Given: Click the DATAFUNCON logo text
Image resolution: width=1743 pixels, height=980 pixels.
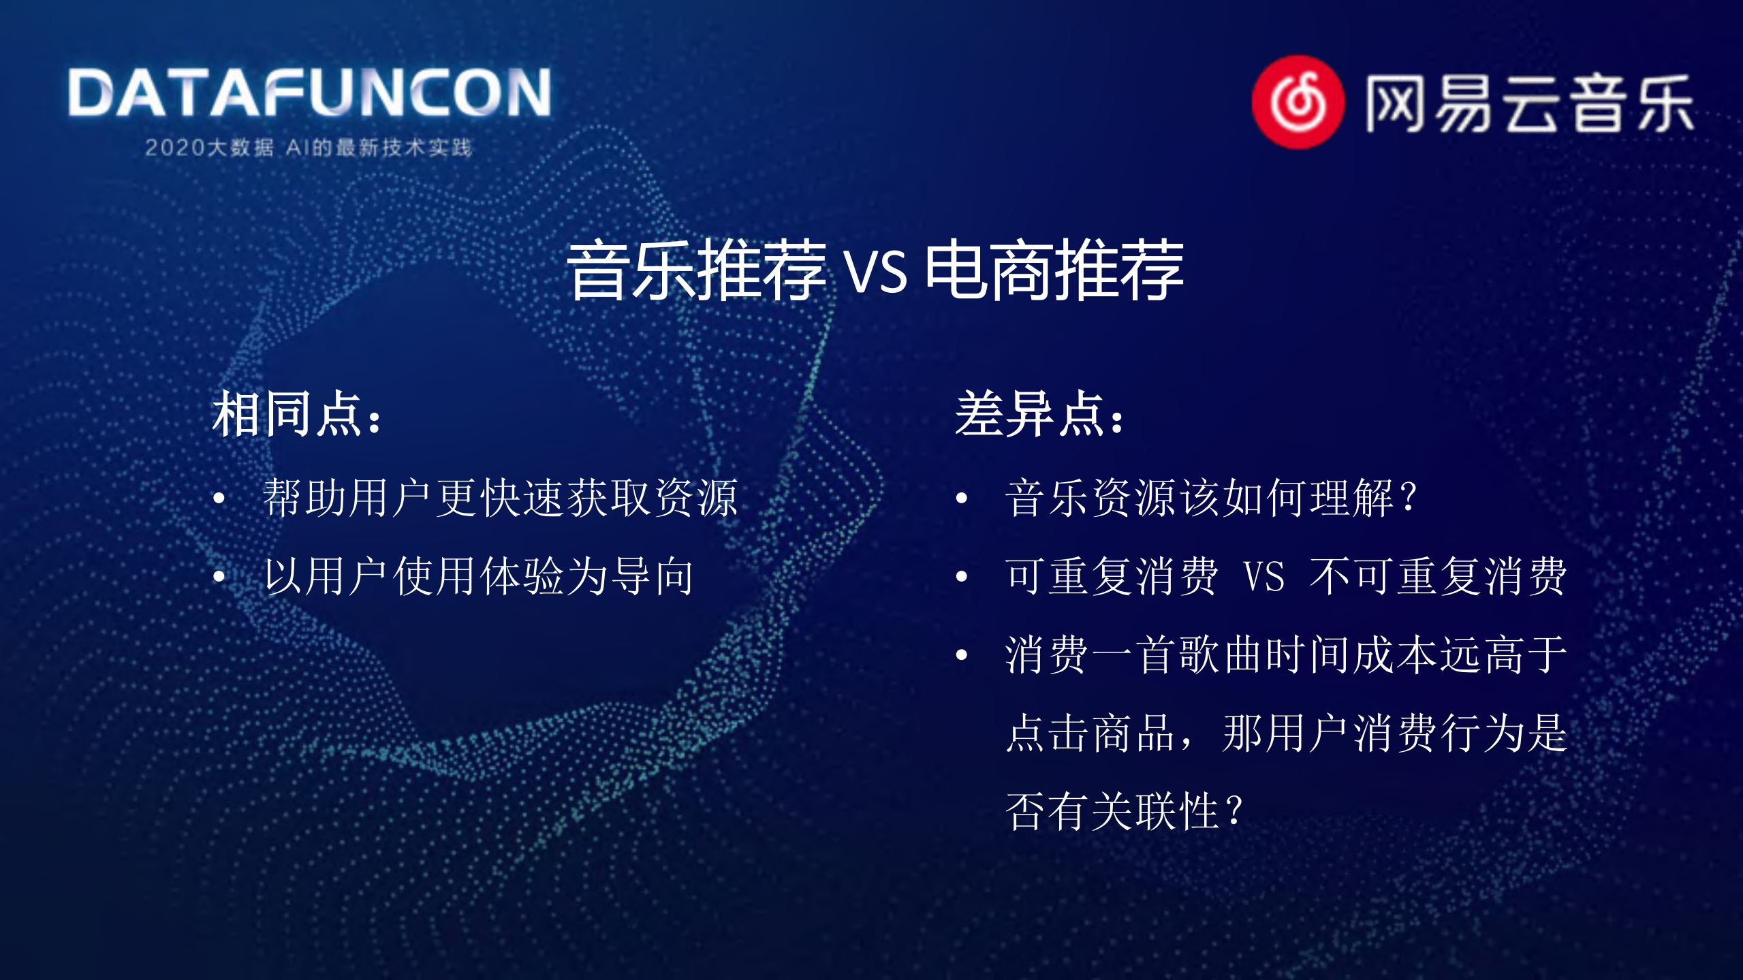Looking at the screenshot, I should [x=309, y=93].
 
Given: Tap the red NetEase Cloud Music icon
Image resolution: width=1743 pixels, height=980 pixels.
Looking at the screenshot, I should [x=1298, y=102].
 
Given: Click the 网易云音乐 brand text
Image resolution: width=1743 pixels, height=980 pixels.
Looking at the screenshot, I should [x=1529, y=104].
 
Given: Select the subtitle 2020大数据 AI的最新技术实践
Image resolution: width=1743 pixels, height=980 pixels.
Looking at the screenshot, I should [x=308, y=147].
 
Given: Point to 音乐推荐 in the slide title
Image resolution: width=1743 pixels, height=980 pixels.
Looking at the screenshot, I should [x=696, y=271].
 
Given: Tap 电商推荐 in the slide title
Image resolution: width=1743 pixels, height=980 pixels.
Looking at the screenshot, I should [x=1054, y=271].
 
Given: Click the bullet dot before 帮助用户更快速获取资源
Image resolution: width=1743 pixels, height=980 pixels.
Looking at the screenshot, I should [x=219, y=499].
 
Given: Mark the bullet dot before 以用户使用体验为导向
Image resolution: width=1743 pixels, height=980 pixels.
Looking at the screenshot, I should [x=219, y=577].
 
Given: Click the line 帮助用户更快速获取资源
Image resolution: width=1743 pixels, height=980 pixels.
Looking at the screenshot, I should [x=501, y=498].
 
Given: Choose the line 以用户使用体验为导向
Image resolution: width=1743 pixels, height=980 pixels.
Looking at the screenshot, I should [x=479, y=576].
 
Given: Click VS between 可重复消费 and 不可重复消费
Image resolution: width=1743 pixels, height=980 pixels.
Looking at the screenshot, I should [x=1264, y=577].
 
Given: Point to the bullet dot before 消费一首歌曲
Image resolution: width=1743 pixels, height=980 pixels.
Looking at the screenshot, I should [x=962, y=655].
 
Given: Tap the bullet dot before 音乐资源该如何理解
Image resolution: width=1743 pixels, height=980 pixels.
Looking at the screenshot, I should [x=962, y=499].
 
